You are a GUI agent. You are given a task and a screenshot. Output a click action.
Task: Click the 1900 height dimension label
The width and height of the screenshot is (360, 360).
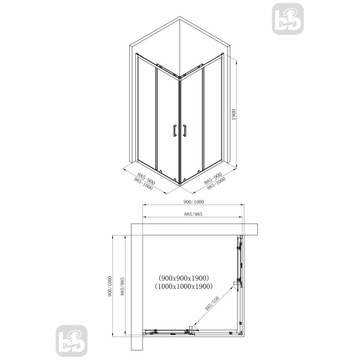coord(234,115)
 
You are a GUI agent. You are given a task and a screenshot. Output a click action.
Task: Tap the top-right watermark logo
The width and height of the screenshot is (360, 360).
coord(288,19)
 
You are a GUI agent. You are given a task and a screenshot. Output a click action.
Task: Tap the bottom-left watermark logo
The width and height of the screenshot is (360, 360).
coord(72,341)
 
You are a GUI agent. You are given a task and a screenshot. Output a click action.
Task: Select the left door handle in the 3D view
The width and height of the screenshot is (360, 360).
coord(175,130)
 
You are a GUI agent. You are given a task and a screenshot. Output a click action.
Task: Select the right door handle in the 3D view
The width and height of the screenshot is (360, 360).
coord(184,130)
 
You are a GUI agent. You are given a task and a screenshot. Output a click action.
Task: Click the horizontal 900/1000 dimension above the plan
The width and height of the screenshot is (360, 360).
coord(194,202)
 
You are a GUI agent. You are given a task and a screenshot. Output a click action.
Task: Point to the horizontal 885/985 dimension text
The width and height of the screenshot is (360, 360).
coord(193,214)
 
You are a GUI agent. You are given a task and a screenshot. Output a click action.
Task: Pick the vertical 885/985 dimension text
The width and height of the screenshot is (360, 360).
coord(122,286)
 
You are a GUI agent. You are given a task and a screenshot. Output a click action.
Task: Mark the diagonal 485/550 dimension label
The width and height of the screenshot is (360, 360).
coord(212,303)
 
